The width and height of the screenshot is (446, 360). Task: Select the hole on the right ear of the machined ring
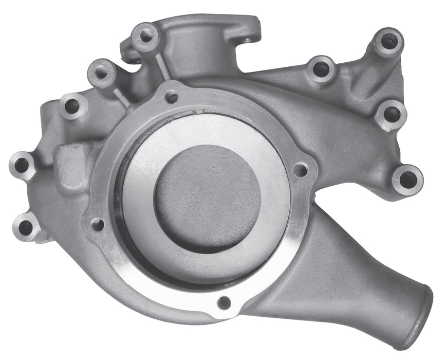pos(301,170)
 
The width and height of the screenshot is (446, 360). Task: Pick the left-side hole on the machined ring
pos(97,224)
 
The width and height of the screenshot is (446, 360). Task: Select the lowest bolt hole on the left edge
pos(25,225)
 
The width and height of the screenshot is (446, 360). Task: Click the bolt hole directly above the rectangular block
pos(71,106)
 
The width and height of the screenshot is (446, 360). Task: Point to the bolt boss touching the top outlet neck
pos(145,35)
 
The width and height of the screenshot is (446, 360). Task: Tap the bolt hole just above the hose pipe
pos(407,179)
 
